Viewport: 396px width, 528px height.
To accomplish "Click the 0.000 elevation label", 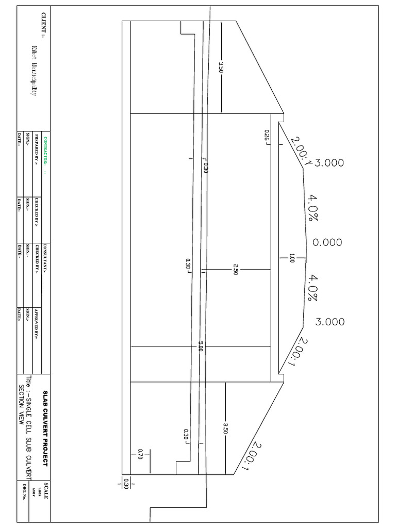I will pos(327,242).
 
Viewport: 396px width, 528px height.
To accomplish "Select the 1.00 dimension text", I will pos(292,258).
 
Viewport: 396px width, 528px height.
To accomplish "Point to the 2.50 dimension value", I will pos(235,269).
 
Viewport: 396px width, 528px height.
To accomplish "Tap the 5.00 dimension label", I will pos(201,348).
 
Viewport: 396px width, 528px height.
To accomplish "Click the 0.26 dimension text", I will pos(267,135).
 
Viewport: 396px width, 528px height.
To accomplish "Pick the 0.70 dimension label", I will pos(140,454).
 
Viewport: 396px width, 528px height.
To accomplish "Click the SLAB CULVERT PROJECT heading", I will pos(45,428).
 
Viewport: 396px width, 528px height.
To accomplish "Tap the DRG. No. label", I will pos(24,492).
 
